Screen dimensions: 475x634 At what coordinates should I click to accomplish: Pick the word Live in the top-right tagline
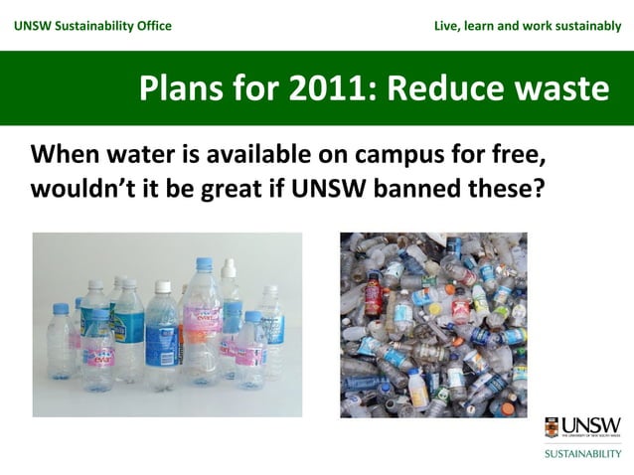[447, 25]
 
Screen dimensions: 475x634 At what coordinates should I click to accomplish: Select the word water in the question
[144, 156]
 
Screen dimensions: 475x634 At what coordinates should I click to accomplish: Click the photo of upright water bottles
[167, 324]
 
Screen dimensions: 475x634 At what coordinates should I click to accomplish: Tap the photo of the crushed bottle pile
[433, 324]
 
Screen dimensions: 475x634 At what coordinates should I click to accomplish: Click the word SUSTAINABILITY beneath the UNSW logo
[582, 452]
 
